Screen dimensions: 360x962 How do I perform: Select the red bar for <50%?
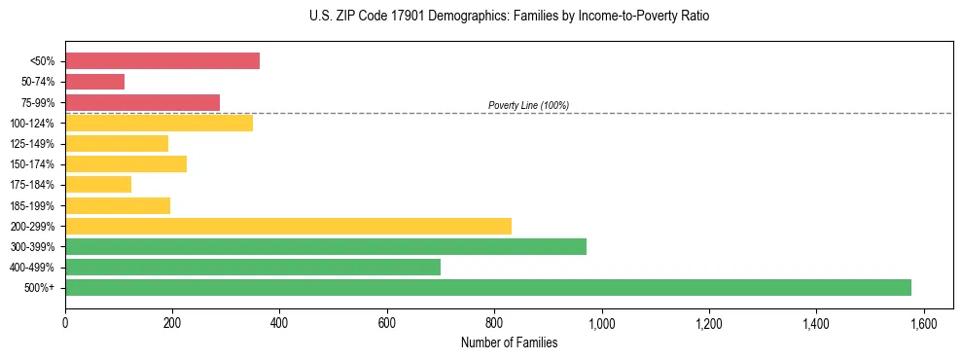pos(162,60)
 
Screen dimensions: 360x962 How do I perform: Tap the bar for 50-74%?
pos(95,82)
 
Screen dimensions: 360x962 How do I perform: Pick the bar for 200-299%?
pos(288,226)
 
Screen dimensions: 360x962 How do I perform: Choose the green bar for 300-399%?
pos(326,246)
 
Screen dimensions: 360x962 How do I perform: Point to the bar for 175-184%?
pos(98,184)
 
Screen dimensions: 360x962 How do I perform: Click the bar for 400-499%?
pos(253,267)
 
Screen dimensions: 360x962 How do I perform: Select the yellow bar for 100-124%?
pos(159,123)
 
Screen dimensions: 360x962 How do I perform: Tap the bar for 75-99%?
pos(143,102)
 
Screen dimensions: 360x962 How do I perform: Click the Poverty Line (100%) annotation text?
pos(528,105)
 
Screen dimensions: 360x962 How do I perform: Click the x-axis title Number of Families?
pos(509,342)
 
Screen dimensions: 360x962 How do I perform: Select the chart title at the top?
pos(509,17)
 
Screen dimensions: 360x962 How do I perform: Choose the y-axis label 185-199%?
pos(33,205)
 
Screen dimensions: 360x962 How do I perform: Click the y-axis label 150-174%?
pos(33,163)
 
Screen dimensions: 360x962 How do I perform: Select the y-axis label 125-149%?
pos(33,143)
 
